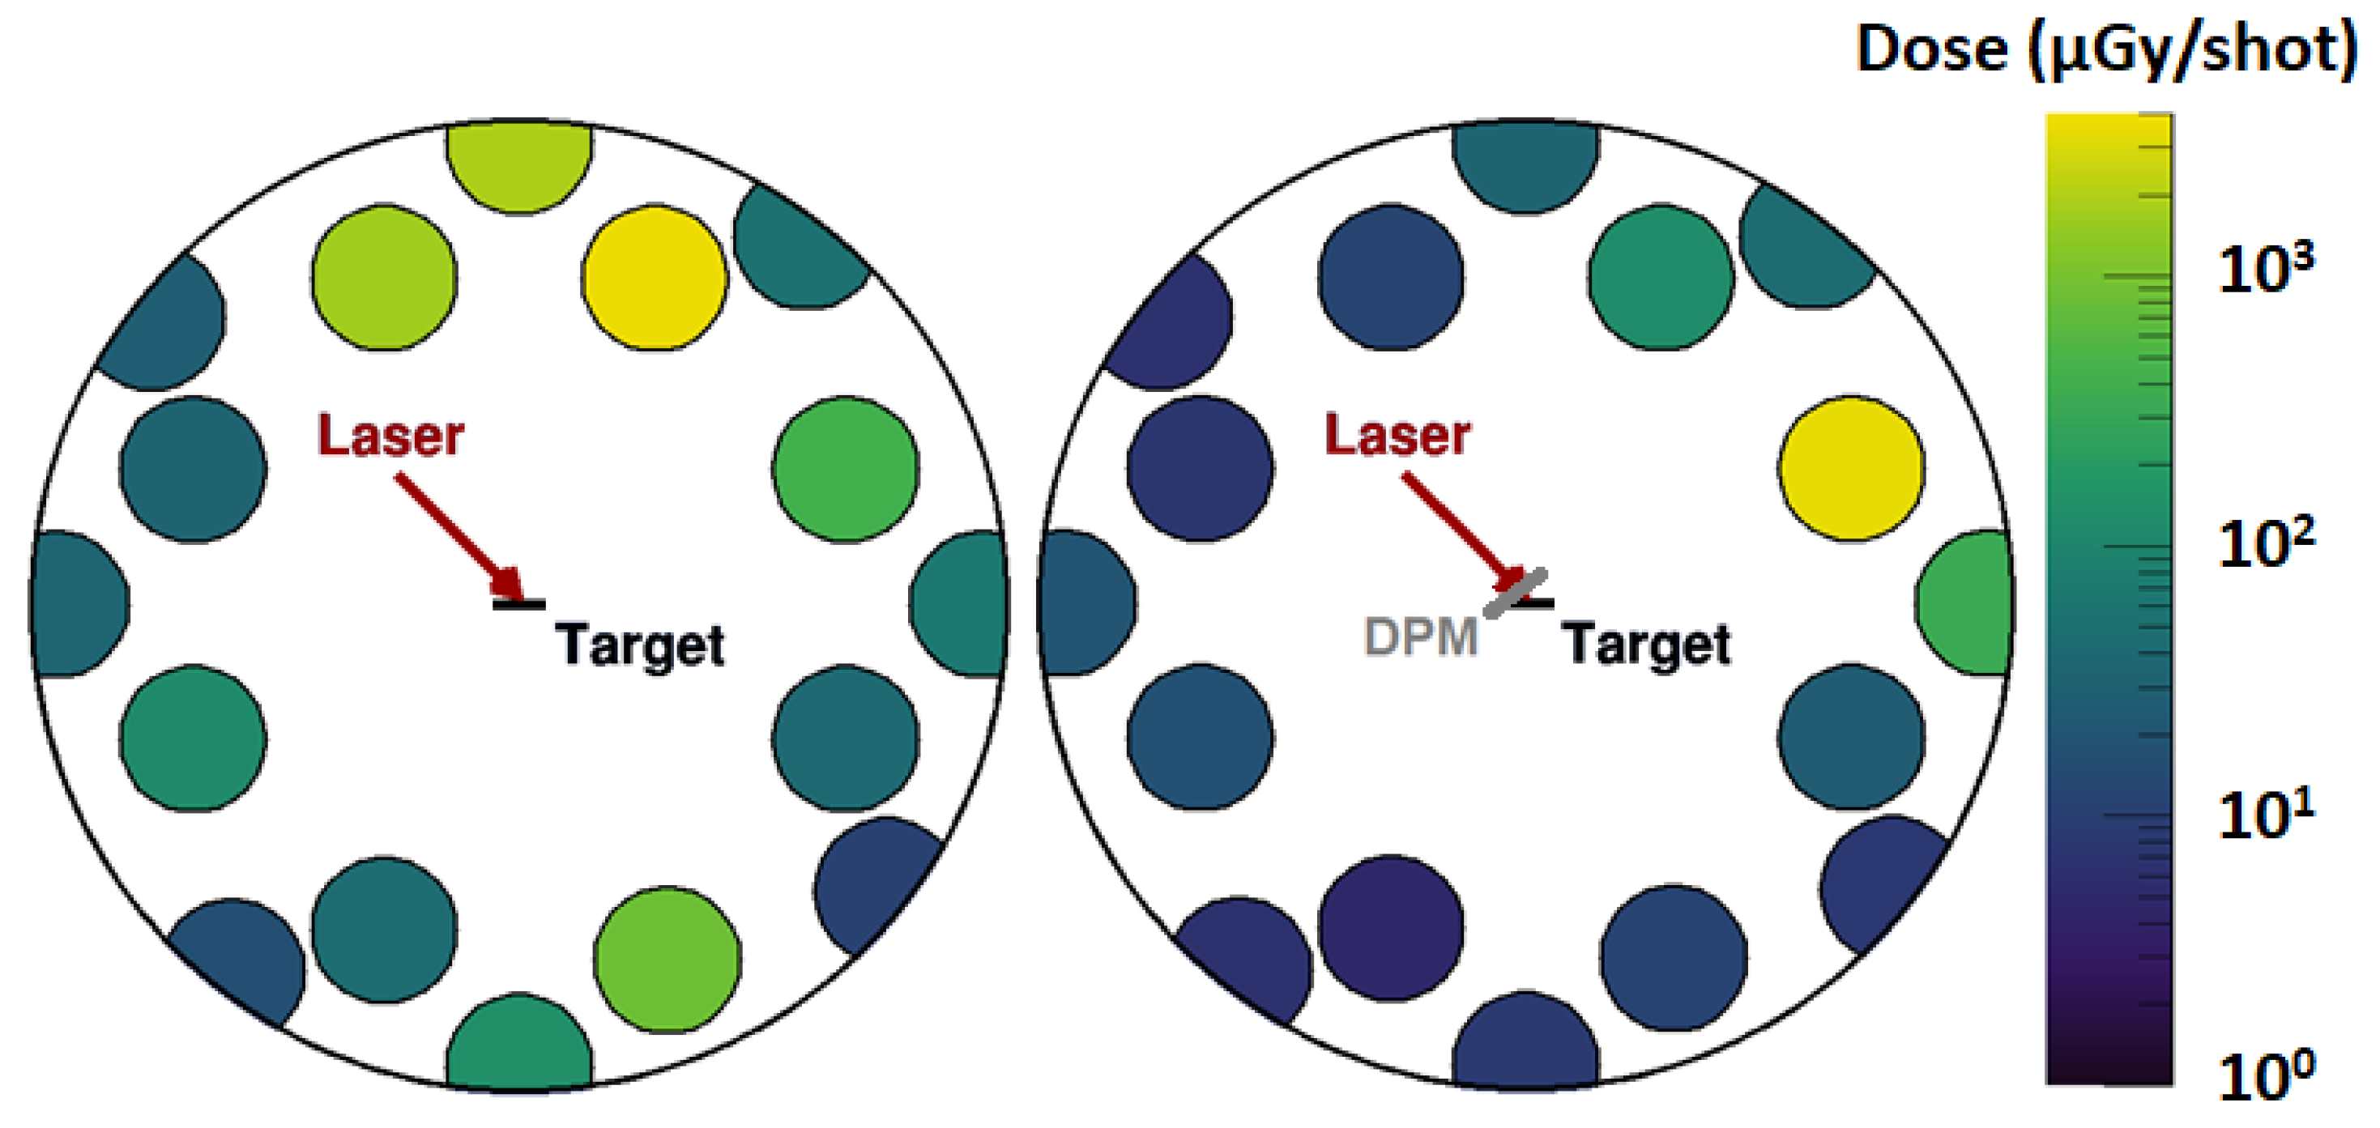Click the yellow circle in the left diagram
(x=654, y=277)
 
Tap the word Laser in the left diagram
(x=390, y=435)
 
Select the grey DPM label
(x=1421, y=636)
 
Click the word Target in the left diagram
(x=639, y=644)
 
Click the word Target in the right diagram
(x=1645, y=644)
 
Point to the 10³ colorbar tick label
(x=2266, y=269)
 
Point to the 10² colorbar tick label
(x=2266, y=544)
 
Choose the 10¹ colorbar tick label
(x=2266, y=815)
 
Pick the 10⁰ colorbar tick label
(x=2266, y=1077)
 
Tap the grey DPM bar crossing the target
(x=1515, y=593)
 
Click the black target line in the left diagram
(x=519, y=605)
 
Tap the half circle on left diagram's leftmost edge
(x=78, y=603)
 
